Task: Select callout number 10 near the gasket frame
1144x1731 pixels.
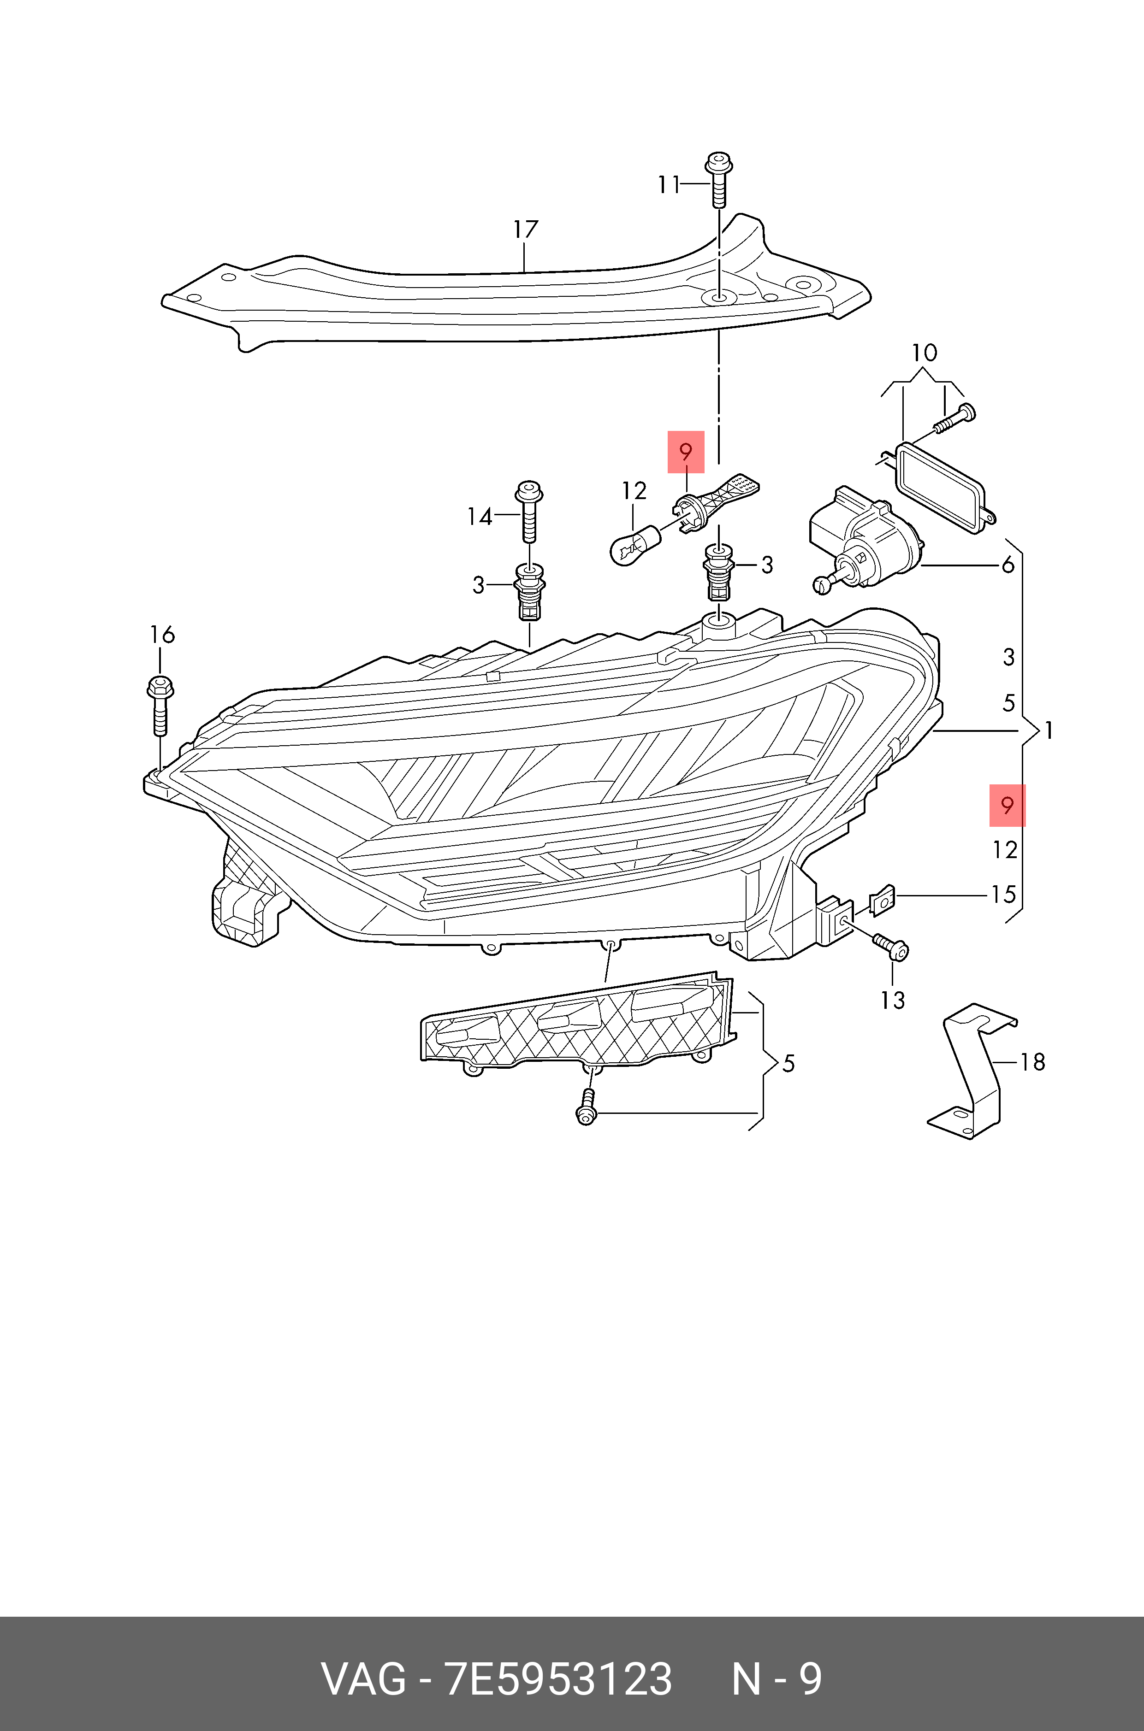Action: (x=924, y=353)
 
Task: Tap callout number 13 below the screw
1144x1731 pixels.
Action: (x=892, y=1001)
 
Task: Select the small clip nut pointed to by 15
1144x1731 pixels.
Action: (x=882, y=900)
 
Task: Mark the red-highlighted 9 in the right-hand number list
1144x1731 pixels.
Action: (x=1008, y=806)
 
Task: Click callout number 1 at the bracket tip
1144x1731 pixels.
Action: (x=1049, y=730)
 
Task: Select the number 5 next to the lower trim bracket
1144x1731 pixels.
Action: (x=788, y=1064)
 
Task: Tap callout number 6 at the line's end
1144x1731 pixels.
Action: (x=1008, y=565)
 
